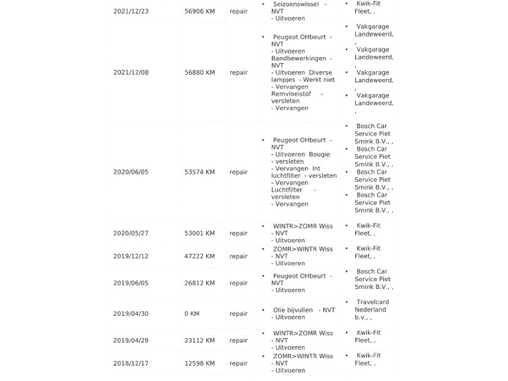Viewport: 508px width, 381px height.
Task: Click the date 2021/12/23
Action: (131, 11)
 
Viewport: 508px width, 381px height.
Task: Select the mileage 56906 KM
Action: (199, 11)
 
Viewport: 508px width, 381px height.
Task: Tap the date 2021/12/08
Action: (131, 72)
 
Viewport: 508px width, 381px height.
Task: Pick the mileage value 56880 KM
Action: (199, 72)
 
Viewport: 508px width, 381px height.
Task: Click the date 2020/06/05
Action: (131, 172)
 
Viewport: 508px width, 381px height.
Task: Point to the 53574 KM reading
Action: (199, 172)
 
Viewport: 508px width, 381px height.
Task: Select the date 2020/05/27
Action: (131, 233)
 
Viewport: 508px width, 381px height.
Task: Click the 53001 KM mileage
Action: (199, 233)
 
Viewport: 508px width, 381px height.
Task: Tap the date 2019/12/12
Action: (131, 256)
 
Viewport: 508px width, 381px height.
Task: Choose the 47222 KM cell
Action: (199, 256)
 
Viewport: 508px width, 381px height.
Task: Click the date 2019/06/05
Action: (131, 283)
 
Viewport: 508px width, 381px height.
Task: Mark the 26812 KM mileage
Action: (199, 283)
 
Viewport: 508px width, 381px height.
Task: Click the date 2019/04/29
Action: (131, 341)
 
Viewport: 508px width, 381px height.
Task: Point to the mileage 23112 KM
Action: (199, 341)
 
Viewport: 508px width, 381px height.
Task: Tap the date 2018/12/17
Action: (131, 364)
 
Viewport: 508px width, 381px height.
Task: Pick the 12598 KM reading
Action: (199, 364)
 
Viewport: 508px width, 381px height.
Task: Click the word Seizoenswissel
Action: (296, 4)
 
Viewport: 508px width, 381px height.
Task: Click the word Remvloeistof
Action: (291, 94)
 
